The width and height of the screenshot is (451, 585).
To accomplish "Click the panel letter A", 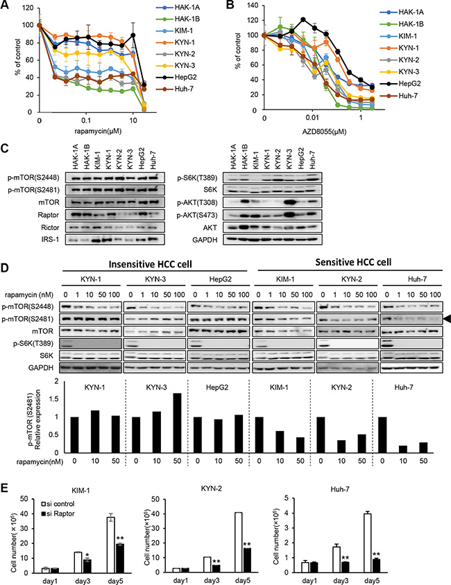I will [x=6, y=6].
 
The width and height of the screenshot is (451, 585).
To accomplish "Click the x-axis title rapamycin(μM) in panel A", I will [x=85, y=132].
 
